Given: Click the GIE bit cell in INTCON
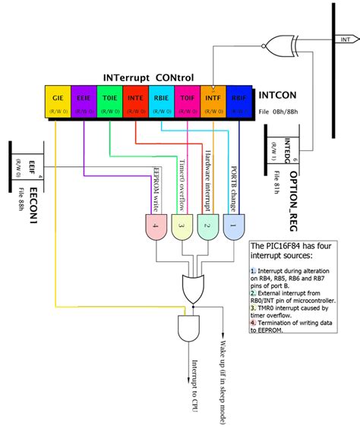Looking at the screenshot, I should coord(59,103).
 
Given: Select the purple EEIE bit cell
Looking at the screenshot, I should coord(84,103).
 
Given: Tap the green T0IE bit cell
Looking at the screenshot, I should coord(109,103).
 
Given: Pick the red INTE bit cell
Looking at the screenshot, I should coord(135,103).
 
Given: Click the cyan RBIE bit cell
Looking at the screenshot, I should coord(161,103).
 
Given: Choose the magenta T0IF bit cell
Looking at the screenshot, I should coord(187,103).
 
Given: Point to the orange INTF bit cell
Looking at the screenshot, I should coord(213,103).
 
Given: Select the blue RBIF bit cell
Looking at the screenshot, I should coord(238,103).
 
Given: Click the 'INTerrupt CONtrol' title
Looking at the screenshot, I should coord(148,77).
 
